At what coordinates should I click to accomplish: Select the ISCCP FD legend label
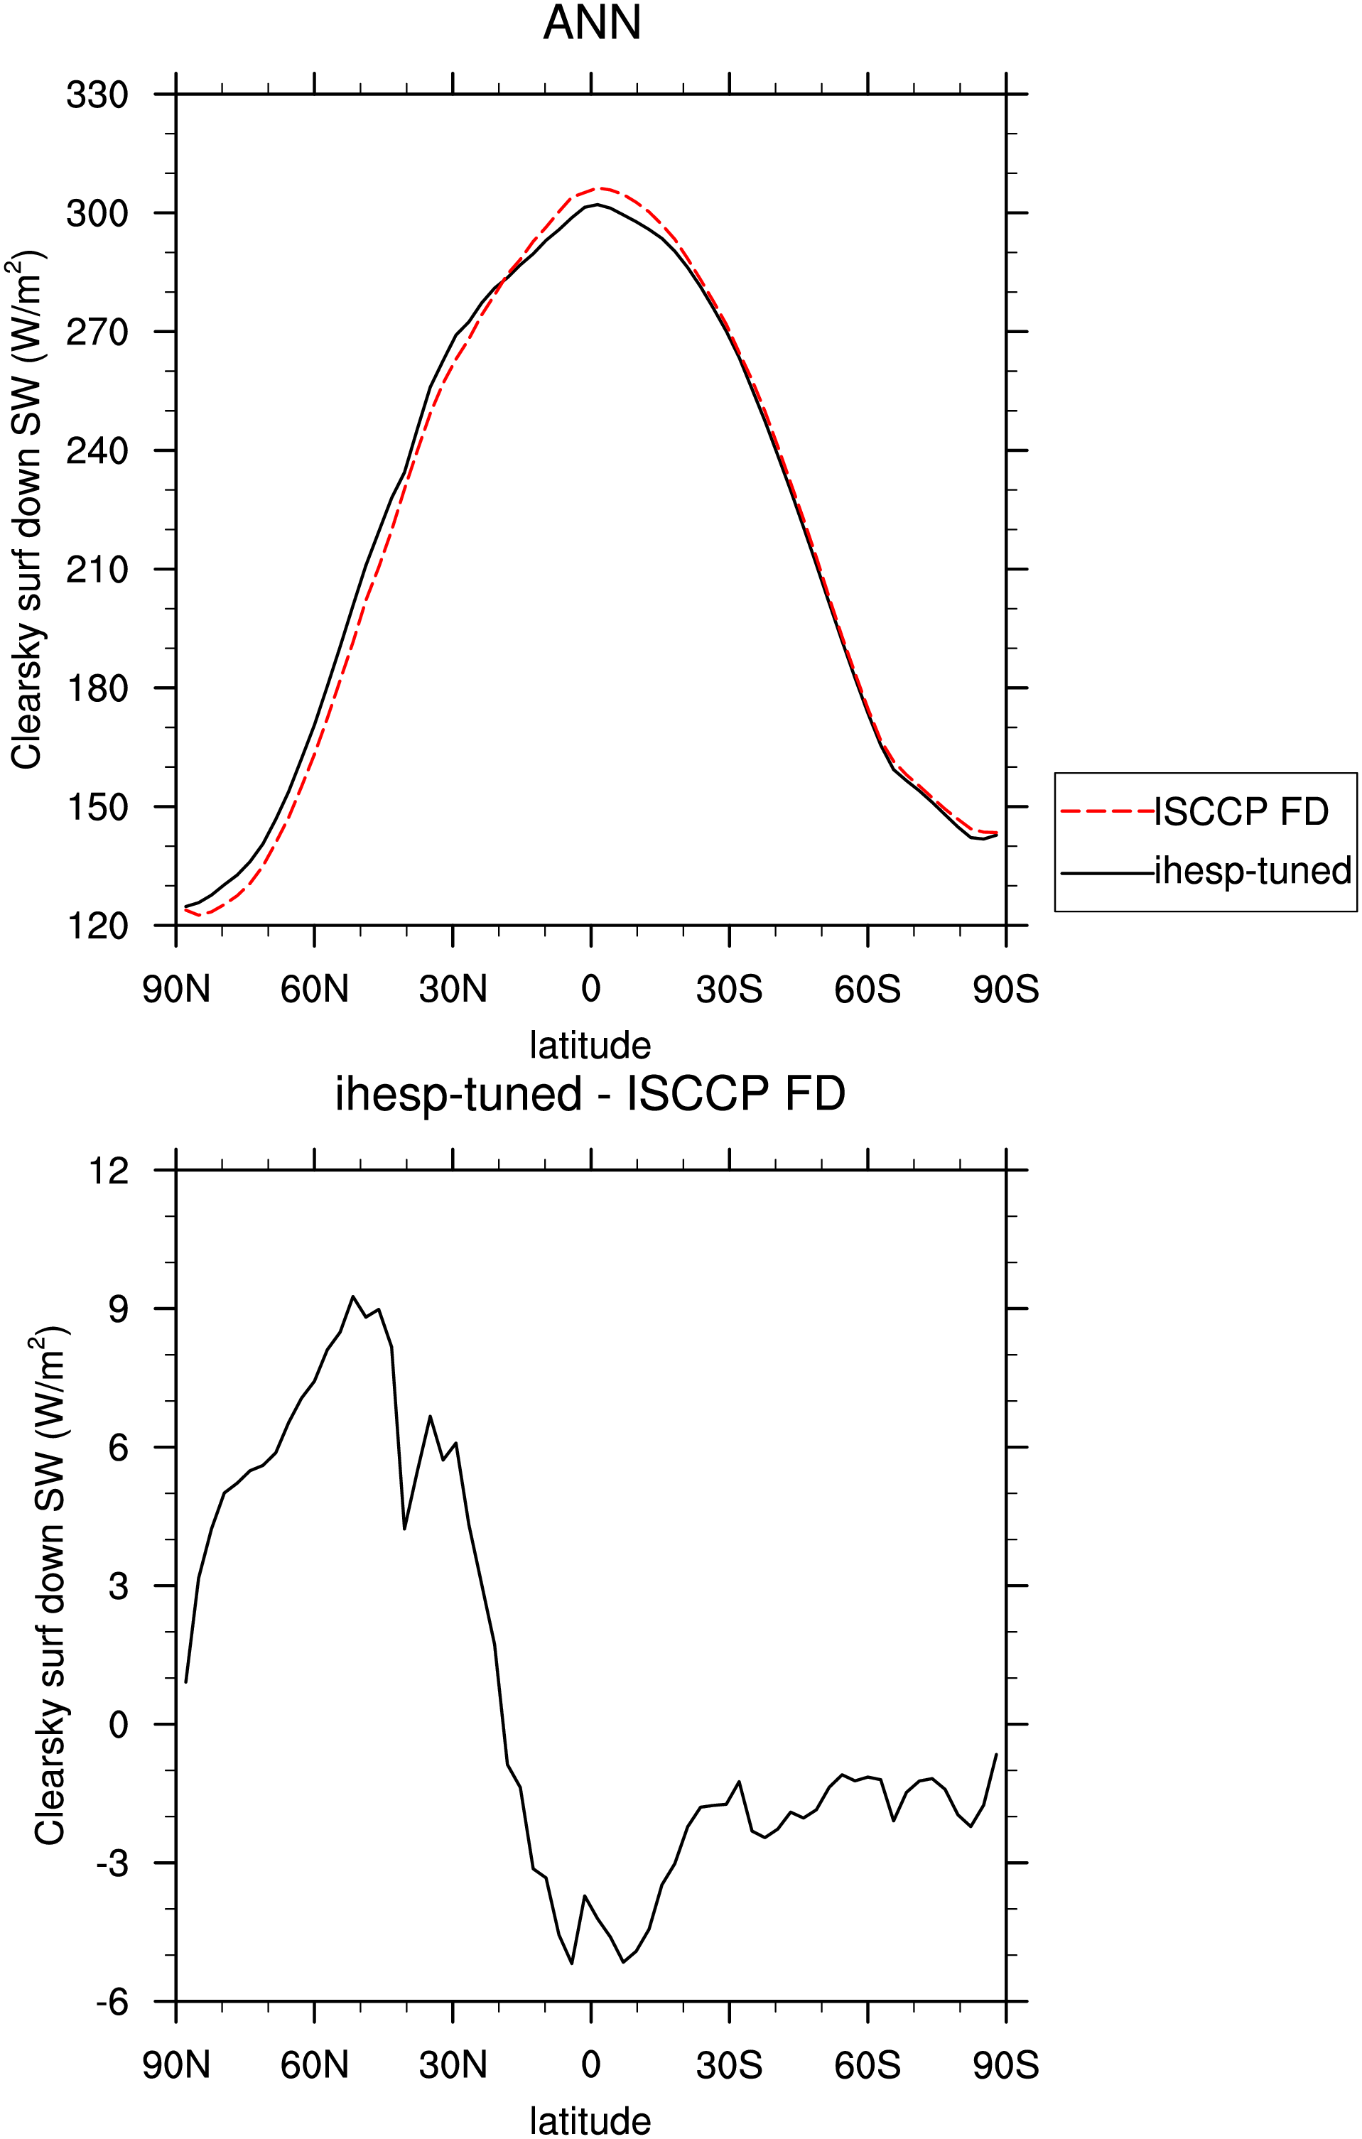(1241, 811)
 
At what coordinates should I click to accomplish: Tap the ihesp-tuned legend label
(1253, 870)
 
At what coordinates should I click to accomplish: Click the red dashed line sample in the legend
(1107, 812)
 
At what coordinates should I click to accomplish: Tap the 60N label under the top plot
(315, 989)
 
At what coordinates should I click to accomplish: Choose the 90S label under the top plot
(1006, 989)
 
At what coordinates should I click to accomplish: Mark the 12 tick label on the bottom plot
(109, 1171)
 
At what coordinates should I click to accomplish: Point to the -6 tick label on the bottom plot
(113, 2002)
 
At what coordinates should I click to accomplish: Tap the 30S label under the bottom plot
(730, 2064)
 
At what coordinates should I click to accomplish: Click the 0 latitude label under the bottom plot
(591, 2064)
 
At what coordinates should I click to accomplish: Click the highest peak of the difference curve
(352, 1296)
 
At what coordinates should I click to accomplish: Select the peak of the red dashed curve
(600, 188)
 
